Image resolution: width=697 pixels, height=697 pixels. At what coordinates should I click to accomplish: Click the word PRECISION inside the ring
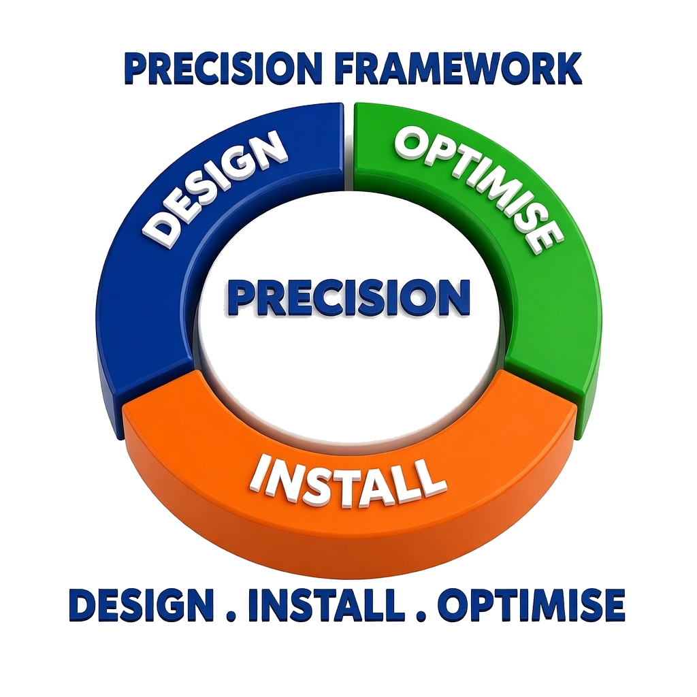point(349,297)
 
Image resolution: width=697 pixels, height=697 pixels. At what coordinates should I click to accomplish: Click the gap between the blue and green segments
point(349,147)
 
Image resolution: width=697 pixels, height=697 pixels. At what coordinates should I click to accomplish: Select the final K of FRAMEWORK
point(568,69)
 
